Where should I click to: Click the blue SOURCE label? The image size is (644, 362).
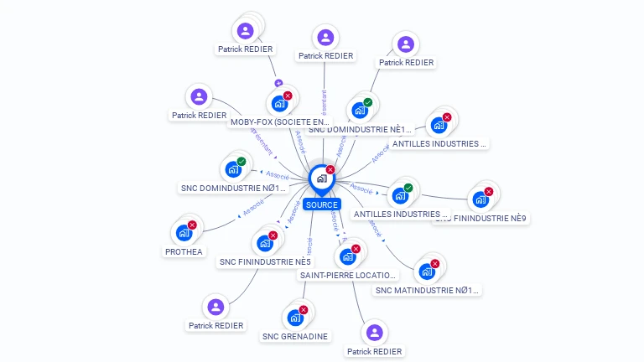[x=322, y=204]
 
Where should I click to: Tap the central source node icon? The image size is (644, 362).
[x=321, y=178]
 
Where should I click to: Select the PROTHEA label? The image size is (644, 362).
[x=184, y=251]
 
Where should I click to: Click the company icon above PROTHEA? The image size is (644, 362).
[x=184, y=232]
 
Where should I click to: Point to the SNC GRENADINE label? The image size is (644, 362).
[x=295, y=336]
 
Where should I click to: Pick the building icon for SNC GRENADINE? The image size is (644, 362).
[x=295, y=318]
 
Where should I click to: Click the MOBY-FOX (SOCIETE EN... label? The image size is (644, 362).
[x=279, y=122]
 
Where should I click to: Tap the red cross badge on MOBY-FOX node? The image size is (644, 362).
[x=288, y=96]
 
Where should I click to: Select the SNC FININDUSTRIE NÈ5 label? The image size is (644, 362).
[x=265, y=262]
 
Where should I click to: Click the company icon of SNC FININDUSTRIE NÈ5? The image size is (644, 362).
[x=265, y=243]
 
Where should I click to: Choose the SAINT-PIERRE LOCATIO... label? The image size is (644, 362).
[x=348, y=275]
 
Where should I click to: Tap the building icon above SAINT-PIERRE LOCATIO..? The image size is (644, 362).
[x=348, y=256]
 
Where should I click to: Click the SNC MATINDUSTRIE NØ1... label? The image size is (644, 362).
[x=427, y=291]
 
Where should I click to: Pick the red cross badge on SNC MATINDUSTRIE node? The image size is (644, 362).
[x=434, y=264]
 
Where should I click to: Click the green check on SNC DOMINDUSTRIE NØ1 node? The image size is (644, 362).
[x=241, y=161]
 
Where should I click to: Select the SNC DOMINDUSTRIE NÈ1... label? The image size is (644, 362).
[x=361, y=129]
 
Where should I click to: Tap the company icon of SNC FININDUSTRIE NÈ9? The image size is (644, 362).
[x=480, y=199]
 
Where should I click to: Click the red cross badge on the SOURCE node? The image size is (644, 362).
[x=330, y=169]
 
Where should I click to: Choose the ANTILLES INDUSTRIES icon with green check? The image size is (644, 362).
[x=400, y=195]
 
